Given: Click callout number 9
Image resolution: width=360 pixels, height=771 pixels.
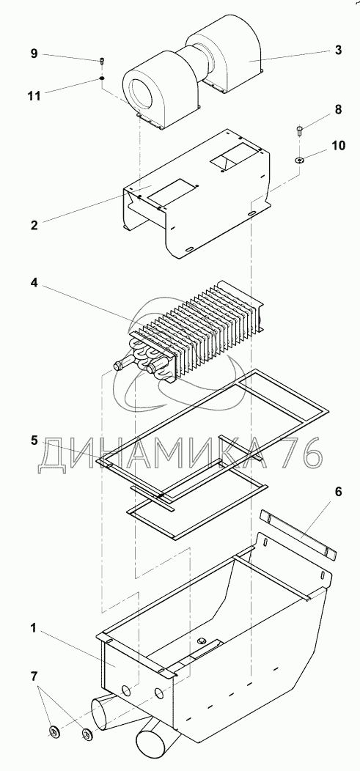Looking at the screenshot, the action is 34,54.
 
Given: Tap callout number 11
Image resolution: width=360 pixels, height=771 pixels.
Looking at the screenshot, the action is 34,95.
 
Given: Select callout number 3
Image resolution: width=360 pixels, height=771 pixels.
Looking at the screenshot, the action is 338,50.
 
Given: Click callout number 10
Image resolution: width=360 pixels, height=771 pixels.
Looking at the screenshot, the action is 338,146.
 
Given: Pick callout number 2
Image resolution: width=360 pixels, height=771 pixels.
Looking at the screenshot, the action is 34,226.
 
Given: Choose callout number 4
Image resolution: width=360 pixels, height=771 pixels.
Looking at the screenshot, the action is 34,284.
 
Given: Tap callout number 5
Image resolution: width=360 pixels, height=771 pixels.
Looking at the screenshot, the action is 34,440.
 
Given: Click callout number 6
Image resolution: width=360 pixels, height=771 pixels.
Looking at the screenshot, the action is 338,492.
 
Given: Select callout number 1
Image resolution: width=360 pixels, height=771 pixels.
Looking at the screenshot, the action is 33,627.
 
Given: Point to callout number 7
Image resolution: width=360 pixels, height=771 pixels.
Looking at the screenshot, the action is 34,676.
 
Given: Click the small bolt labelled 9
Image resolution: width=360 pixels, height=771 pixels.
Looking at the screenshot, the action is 102,61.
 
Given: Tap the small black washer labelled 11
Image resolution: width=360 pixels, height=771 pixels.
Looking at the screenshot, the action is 102,78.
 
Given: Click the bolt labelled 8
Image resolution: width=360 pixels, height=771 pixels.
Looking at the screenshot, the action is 300,130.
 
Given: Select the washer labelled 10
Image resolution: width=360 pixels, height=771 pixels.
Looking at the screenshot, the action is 299,159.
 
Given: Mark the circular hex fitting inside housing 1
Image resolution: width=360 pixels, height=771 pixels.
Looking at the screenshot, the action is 201,641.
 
